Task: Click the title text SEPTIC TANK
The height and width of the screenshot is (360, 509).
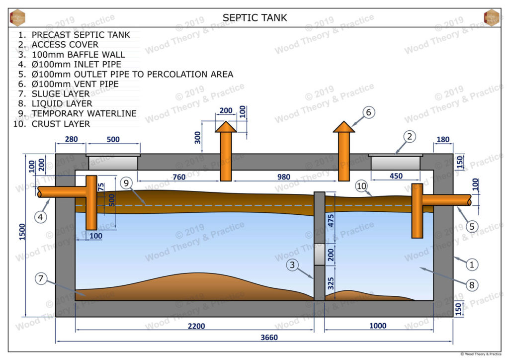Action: coord(254,18)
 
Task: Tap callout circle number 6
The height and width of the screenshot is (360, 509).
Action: coord(368,113)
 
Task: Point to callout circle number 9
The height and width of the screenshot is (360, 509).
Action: coord(126,183)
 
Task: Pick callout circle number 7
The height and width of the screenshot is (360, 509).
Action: coord(42,279)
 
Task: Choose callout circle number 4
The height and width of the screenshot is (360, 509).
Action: coord(42,216)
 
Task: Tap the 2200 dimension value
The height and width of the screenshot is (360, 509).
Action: coord(196,326)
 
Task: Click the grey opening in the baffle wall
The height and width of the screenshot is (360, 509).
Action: coord(320,255)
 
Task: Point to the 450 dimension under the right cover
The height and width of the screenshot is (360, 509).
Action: coord(396,176)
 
